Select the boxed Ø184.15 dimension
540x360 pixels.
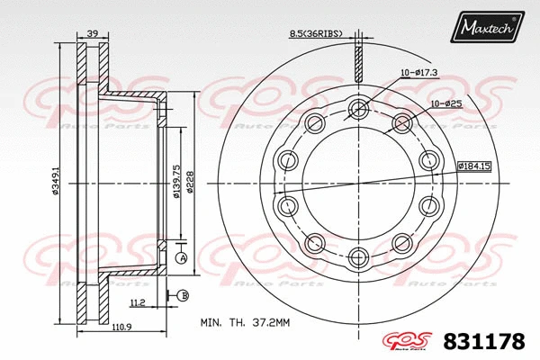475,166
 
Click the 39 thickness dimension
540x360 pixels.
92,34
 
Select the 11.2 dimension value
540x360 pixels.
137,303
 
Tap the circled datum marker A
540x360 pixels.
181,258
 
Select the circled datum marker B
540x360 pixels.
182,295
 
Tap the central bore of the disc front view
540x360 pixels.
358,183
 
